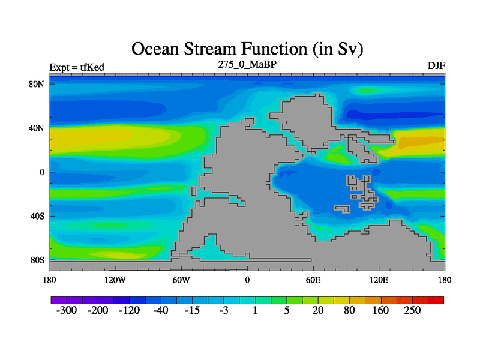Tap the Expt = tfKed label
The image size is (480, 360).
pos(77,67)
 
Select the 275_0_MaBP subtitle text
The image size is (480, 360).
pos(247,64)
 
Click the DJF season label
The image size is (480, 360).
pos(436,66)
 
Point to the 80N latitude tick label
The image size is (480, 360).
pos(37,84)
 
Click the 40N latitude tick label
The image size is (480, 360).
pos(37,128)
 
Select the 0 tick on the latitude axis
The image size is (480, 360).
pos(41,172)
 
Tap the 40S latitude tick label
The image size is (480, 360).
pos(37,216)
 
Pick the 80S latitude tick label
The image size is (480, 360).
pos(37,260)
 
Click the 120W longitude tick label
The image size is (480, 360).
pos(115,280)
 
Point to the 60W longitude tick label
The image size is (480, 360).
pos(181,280)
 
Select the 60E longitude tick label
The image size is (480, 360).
pos(313,280)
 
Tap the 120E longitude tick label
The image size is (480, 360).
pos(379,280)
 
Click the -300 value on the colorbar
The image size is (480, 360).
pos(67,310)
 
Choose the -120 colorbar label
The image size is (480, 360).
pos(129,310)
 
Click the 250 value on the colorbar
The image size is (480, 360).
pos(412,310)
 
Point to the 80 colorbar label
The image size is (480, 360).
pos(349,310)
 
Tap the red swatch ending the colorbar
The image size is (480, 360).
pos(436,300)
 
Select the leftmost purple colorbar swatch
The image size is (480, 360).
pos(59,300)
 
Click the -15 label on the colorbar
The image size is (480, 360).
pos(192,310)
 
